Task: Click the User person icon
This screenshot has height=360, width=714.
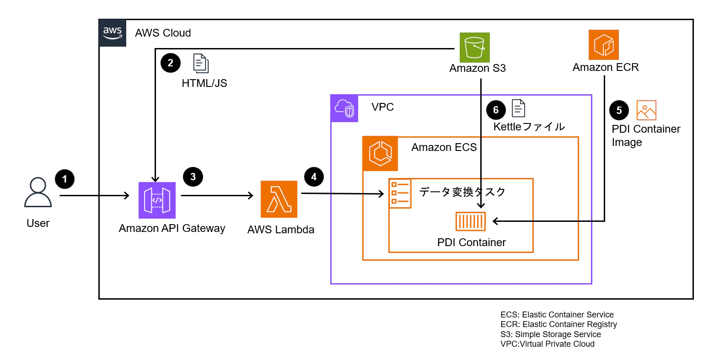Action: (x=38, y=193)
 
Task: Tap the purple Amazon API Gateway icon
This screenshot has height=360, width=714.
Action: (x=157, y=200)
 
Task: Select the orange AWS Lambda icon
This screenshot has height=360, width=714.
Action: (x=279, y=199)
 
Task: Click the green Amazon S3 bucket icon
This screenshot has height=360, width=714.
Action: (x=474, y=48)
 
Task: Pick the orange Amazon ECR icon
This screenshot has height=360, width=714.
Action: (x=603, y=45)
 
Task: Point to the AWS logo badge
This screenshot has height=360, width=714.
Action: (x=113, y=33)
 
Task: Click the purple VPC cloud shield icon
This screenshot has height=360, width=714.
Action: (x=344, y=108)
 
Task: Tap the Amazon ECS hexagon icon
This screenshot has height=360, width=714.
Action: (x=380, y=153)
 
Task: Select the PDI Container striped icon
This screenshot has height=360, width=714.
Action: (x=471, y=221)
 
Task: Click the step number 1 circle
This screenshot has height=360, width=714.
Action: (x=64, y=179)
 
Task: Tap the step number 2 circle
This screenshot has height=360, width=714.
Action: (x=171, y=63)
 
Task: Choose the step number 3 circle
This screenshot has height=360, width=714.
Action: (x=193, y=177)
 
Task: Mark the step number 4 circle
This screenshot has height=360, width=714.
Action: (x=314, y=177)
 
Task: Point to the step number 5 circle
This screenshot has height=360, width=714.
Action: (x=619, y=110)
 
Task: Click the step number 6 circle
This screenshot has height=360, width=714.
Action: (x=496, y=110)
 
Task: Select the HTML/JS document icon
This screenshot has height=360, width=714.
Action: (x=201, y=63)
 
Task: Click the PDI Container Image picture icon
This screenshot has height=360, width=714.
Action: (x=646, y=110)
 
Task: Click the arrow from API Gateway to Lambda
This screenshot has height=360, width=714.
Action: (x=217, y=196)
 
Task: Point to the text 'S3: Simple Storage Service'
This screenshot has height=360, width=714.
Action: (x=551, y=334)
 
